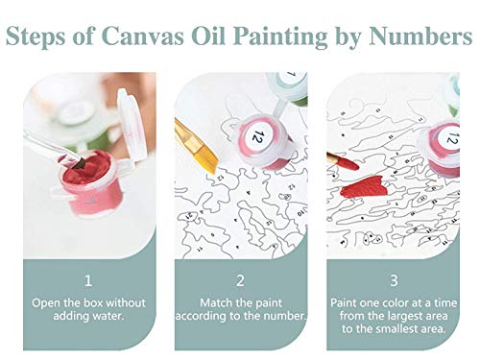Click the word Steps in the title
tap(31, 36)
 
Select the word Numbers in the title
tap(420, 36)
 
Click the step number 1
tap(88, 280)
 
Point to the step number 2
tap(240, 280)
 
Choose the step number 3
tap(394, 280)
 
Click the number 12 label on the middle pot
tap(256, 135)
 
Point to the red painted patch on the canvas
tap(364, 187)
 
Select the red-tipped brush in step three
tap(343, 161)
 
